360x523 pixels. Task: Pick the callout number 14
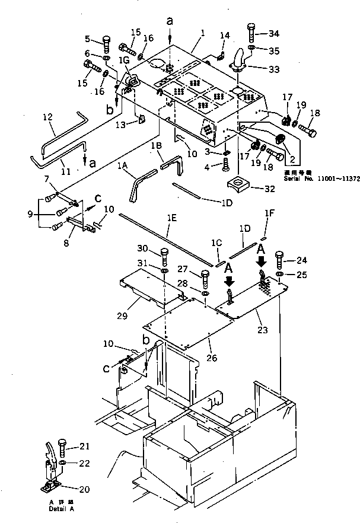coord(224,36)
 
